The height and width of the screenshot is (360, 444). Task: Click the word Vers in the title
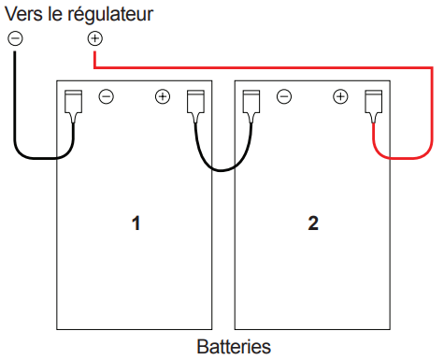pos(24,14)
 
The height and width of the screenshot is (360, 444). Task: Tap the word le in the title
pos(55,14)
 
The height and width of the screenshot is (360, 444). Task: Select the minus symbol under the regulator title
pos(15,38)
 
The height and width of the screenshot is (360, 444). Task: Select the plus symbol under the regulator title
pos(95,38)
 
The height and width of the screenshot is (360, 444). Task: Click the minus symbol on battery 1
pos(107,96)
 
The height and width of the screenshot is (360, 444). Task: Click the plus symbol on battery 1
pos(163,96)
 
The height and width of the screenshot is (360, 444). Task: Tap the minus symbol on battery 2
pos(284,96)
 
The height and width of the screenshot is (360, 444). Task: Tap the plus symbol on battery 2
pos(340,96)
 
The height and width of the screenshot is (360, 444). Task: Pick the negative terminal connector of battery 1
pos(74,106)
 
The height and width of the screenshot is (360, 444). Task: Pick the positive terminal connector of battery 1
pos(195,106)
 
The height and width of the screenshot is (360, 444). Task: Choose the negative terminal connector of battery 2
pos(251,106)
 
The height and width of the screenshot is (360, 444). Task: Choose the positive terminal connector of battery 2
pos(374,106)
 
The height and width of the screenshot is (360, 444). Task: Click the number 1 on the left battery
pos(136,223)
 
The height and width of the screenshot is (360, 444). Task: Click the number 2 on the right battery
pos(313,223)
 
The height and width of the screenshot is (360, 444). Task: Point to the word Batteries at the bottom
pos(234,347)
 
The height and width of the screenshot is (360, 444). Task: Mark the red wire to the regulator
pos(432,94)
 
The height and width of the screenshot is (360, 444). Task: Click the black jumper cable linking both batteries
pos(222,170)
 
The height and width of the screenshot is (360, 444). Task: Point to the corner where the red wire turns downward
pos(432,67)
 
